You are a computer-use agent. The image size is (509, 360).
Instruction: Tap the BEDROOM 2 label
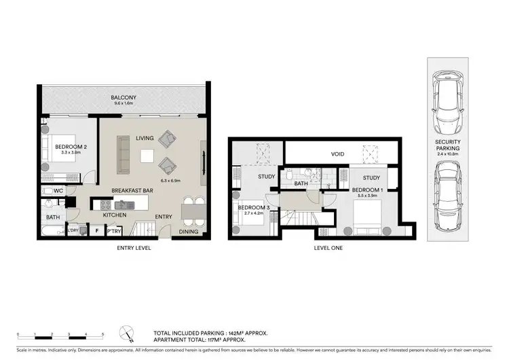click(x=70, y=147)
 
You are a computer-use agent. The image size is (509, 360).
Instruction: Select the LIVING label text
click(x=145, y=138)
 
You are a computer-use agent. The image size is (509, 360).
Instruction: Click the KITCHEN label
click(x=114, y=215)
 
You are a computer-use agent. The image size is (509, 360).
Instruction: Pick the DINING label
click(x=188, y=232)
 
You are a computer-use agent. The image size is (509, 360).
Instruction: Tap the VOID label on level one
click(x=337, y=154)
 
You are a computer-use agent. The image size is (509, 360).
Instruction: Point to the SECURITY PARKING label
click(x=449, y=144)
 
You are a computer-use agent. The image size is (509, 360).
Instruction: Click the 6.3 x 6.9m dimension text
click(x=168, y=181)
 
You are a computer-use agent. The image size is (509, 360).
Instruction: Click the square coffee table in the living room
click(x=146, y=156)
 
